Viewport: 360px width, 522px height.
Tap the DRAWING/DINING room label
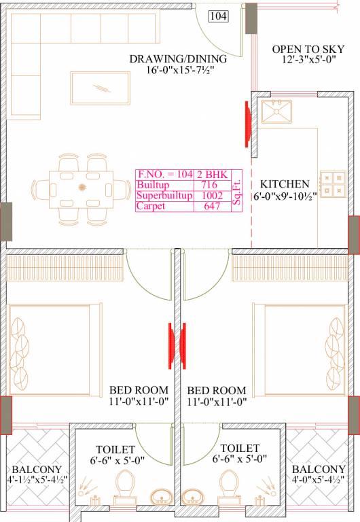coord(178,59)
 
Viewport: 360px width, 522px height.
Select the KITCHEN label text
coord(284,184)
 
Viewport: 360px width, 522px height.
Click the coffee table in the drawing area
coord(100,87)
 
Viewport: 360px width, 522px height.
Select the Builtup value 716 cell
coord(209,185)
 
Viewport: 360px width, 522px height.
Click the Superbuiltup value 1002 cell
coord(212,196)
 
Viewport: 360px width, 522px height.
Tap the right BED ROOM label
coord(216,390)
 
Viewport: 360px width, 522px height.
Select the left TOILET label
coord(115,449)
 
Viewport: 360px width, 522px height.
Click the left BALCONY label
coord(37,470)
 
